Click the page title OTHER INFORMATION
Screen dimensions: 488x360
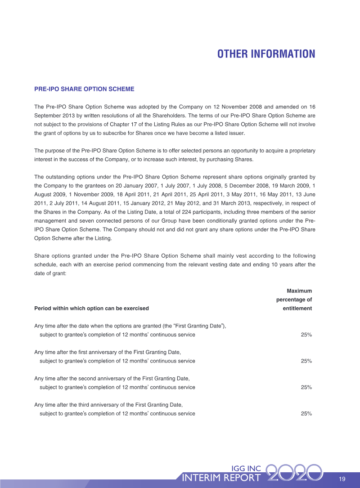click(266, 54)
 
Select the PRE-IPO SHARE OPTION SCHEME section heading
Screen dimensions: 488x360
click(84, 89)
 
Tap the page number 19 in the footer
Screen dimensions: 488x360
click(342, 479)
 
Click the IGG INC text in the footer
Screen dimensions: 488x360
click(245, 469)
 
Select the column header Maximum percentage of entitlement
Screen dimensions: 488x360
click(294, 300)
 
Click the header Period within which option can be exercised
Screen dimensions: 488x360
click(91, 309)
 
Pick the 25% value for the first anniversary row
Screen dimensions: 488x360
click(306, 361)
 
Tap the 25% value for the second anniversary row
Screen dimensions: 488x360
click(306, 387)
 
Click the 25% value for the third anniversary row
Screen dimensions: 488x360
click(306, 413)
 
